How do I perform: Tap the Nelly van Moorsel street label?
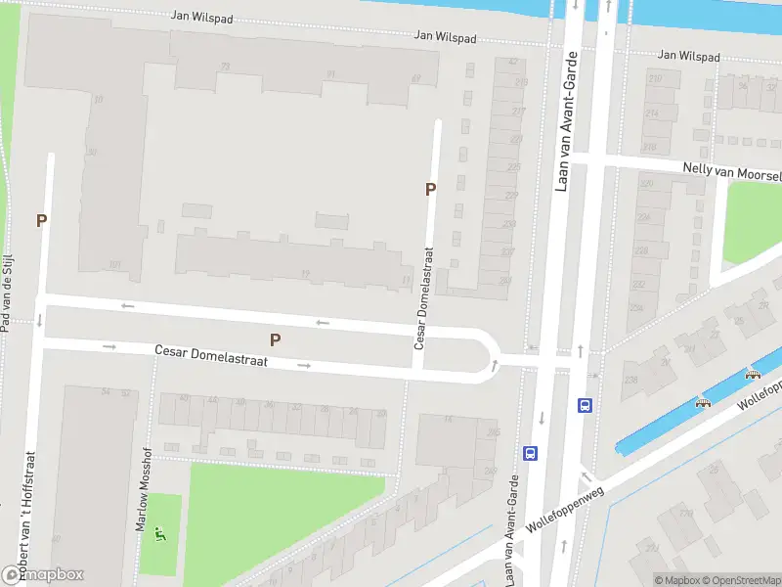pos(732,171)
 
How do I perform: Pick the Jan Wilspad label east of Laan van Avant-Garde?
pos(689,57)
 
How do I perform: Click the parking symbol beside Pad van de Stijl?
pos(41,221)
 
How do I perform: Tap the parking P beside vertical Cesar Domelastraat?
pos(430,190)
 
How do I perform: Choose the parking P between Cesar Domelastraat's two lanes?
pos(276,339)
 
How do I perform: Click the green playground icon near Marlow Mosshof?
pos(161,534)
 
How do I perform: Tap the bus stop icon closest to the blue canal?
pos(585,406)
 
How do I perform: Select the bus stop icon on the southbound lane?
pos(531,453)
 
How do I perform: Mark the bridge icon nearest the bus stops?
pos(701,401)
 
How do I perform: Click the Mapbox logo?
pos(43,574)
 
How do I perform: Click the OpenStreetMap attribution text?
pos(740,580)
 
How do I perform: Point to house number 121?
pos(115,265)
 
